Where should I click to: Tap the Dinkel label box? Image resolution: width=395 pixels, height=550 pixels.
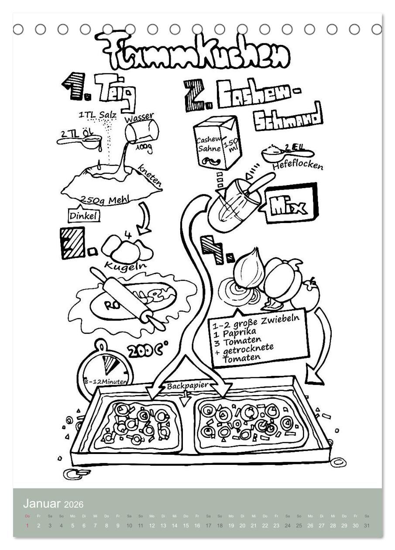coord(84,215)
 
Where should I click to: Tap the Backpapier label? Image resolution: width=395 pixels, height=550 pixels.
coord(187,386)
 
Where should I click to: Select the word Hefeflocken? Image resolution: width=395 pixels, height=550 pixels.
coord(298,166)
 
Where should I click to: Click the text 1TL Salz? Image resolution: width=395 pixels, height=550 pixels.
coord(97,115)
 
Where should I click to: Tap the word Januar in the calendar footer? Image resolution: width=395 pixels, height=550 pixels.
coord(42,504)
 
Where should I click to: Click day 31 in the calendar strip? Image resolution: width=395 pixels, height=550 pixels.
coord(367,526)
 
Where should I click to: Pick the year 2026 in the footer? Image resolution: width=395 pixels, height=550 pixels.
coord(73,505)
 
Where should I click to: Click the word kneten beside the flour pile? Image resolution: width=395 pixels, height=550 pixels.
coord(150,176)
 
